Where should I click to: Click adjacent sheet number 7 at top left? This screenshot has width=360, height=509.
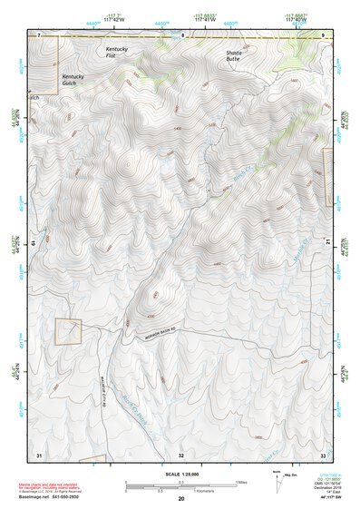coord(39,34)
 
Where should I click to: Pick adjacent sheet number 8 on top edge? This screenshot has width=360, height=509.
coord(182,34)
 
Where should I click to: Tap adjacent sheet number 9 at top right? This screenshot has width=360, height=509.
coord(324,34)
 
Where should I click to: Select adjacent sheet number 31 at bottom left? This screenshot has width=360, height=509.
coord(39,453)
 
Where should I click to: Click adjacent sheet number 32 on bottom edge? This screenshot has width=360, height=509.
coord(181,453)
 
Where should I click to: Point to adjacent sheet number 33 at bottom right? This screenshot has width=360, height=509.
coord(323,453)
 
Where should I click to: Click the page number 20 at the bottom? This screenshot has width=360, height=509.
coord(181,499)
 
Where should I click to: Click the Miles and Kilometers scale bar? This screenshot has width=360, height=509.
coord(180,484)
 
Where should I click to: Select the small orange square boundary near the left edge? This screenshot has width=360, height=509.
coord(68,331)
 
